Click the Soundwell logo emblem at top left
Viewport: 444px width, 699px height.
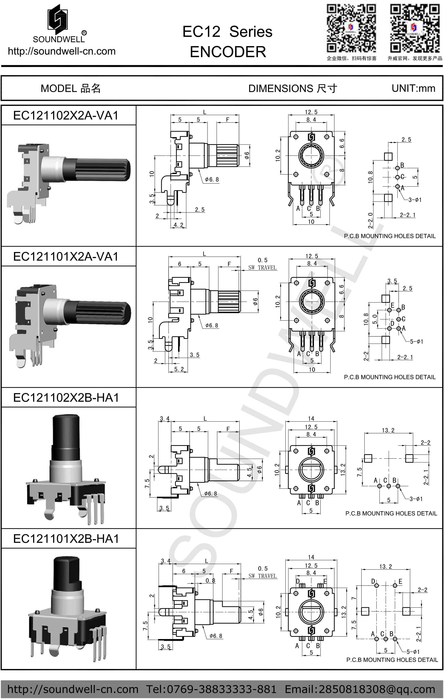pyautogui.click(x=58, y=18)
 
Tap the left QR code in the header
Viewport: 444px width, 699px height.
pyautogui.click(x=351, y=28)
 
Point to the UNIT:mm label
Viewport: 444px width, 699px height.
pyautogui.click(x=413, y=88)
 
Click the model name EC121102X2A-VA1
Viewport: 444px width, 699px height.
pyautogui.click(x=66, y=116)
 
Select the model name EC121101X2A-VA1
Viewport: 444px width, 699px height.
pyautogui.click(x=66, y=257)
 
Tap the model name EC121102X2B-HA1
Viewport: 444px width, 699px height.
pyautogui.click(x=66, y=398)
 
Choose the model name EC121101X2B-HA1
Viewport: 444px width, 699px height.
pyautogui.click(x=66, y=539)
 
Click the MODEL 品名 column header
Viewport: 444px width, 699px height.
pyautogui.click(x=71, y=88)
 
